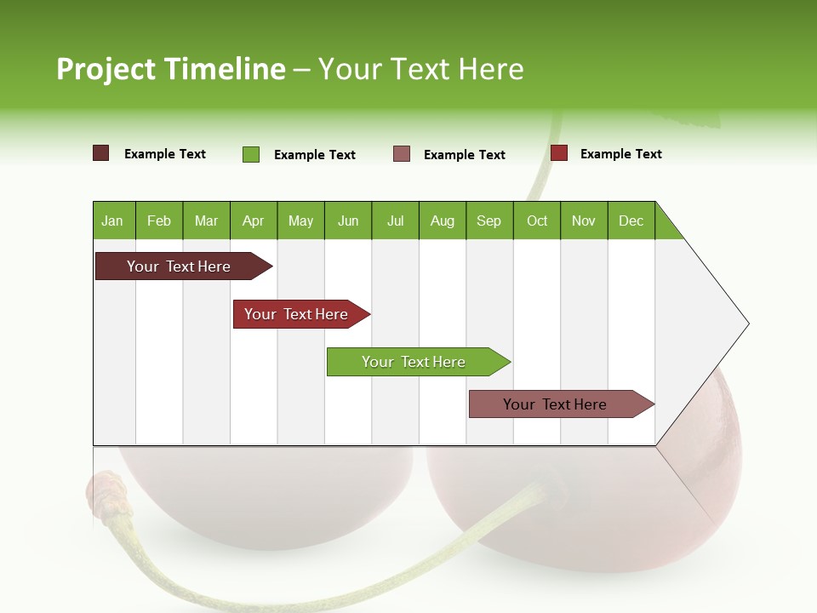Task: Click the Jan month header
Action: click(112, 221)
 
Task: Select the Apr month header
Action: click(253, 221)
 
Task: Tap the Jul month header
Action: click(395, 221)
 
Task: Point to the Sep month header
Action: click(488, 221)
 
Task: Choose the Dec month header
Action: click(631, 221)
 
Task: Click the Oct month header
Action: click(537, 221)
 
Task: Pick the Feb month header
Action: click(159, 221)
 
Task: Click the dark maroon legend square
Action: click(100, 153)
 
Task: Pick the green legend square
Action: click(250, 154)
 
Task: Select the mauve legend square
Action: click(402, 153)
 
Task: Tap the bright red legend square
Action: click(558, 153)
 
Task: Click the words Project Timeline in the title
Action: click(170, 69)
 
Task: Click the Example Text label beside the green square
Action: click(314, 155)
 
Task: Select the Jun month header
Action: click(348, 221)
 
